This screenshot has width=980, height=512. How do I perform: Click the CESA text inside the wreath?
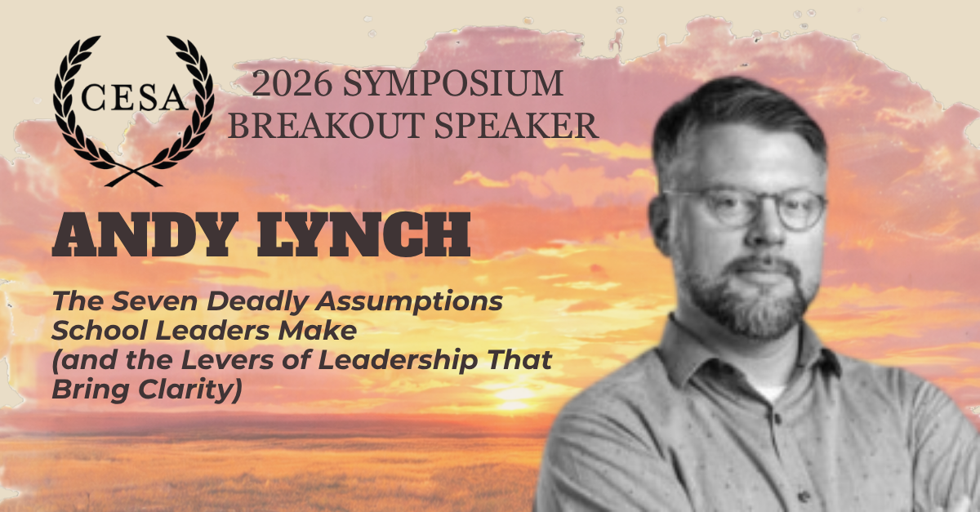point(135,97)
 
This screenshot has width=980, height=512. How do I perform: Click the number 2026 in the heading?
point(292,83)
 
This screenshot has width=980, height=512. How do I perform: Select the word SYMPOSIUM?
point(453,83)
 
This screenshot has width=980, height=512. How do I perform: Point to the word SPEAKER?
point(516,126)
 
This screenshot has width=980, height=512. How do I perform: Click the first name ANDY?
point(145,235)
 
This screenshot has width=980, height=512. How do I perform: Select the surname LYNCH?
point(363,235)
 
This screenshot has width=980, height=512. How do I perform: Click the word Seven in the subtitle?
point(154,301)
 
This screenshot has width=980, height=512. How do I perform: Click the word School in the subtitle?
point(100,331)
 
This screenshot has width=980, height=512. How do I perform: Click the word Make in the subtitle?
point(318,331)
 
